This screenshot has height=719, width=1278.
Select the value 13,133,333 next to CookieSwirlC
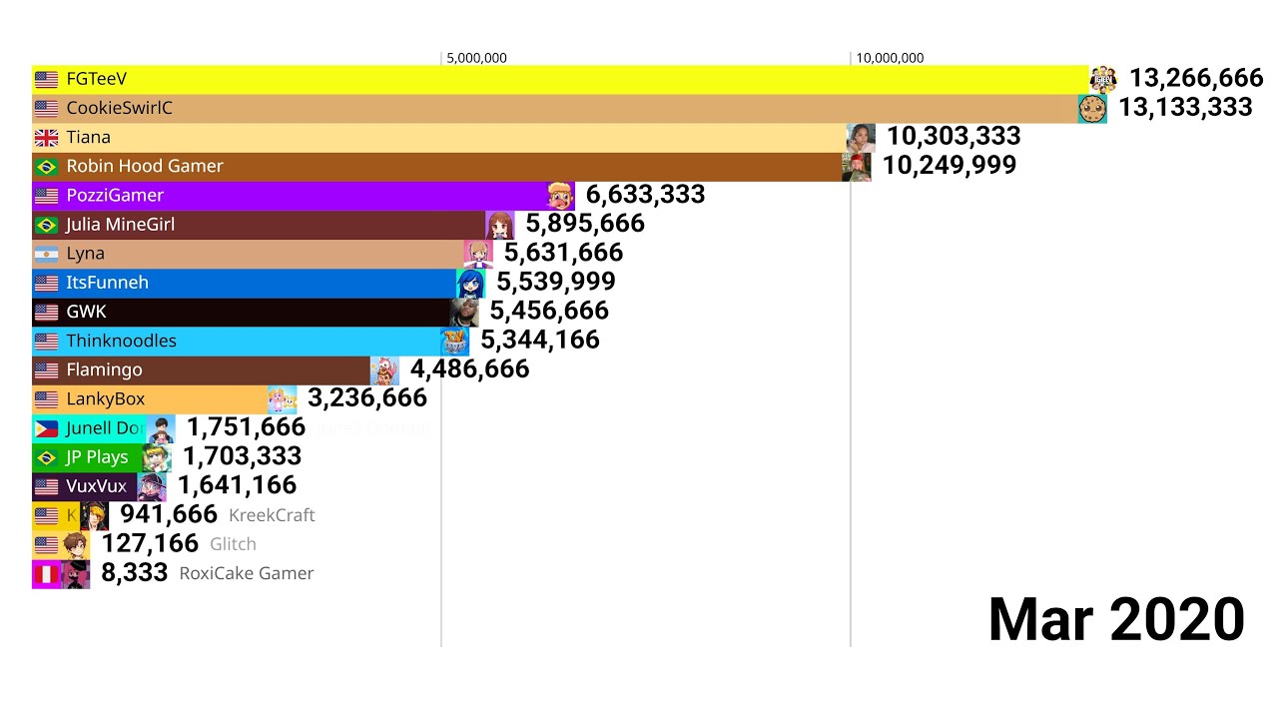tap(1185, 108)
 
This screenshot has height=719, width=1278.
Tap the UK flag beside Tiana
tap(46, 138)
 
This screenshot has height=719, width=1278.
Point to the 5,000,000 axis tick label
tap(476, 58)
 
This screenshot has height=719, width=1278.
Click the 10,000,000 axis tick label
tap(890, 58)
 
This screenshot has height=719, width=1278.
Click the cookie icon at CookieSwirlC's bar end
tap(1092, 109)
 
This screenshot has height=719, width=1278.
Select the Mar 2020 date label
tap(1115, 619)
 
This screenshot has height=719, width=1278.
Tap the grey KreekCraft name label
tap(272, 515)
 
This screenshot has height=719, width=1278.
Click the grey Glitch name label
tap(233, 544)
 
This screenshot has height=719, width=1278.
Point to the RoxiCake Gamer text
tap(247, 573)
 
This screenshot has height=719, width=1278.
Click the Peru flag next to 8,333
tap(46, 574)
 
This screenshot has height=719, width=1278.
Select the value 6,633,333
tap(645, 195)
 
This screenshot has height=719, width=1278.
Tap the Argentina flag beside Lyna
tap(46, 254)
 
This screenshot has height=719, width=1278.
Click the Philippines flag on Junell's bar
tap(46, 428)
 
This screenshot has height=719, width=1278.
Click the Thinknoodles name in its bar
tap(121, 341)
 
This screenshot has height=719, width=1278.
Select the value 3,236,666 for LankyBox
tap(367, 398)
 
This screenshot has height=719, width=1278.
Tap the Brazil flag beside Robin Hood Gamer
tap(46, 167)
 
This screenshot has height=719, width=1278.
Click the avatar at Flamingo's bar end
tap(384, 370)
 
